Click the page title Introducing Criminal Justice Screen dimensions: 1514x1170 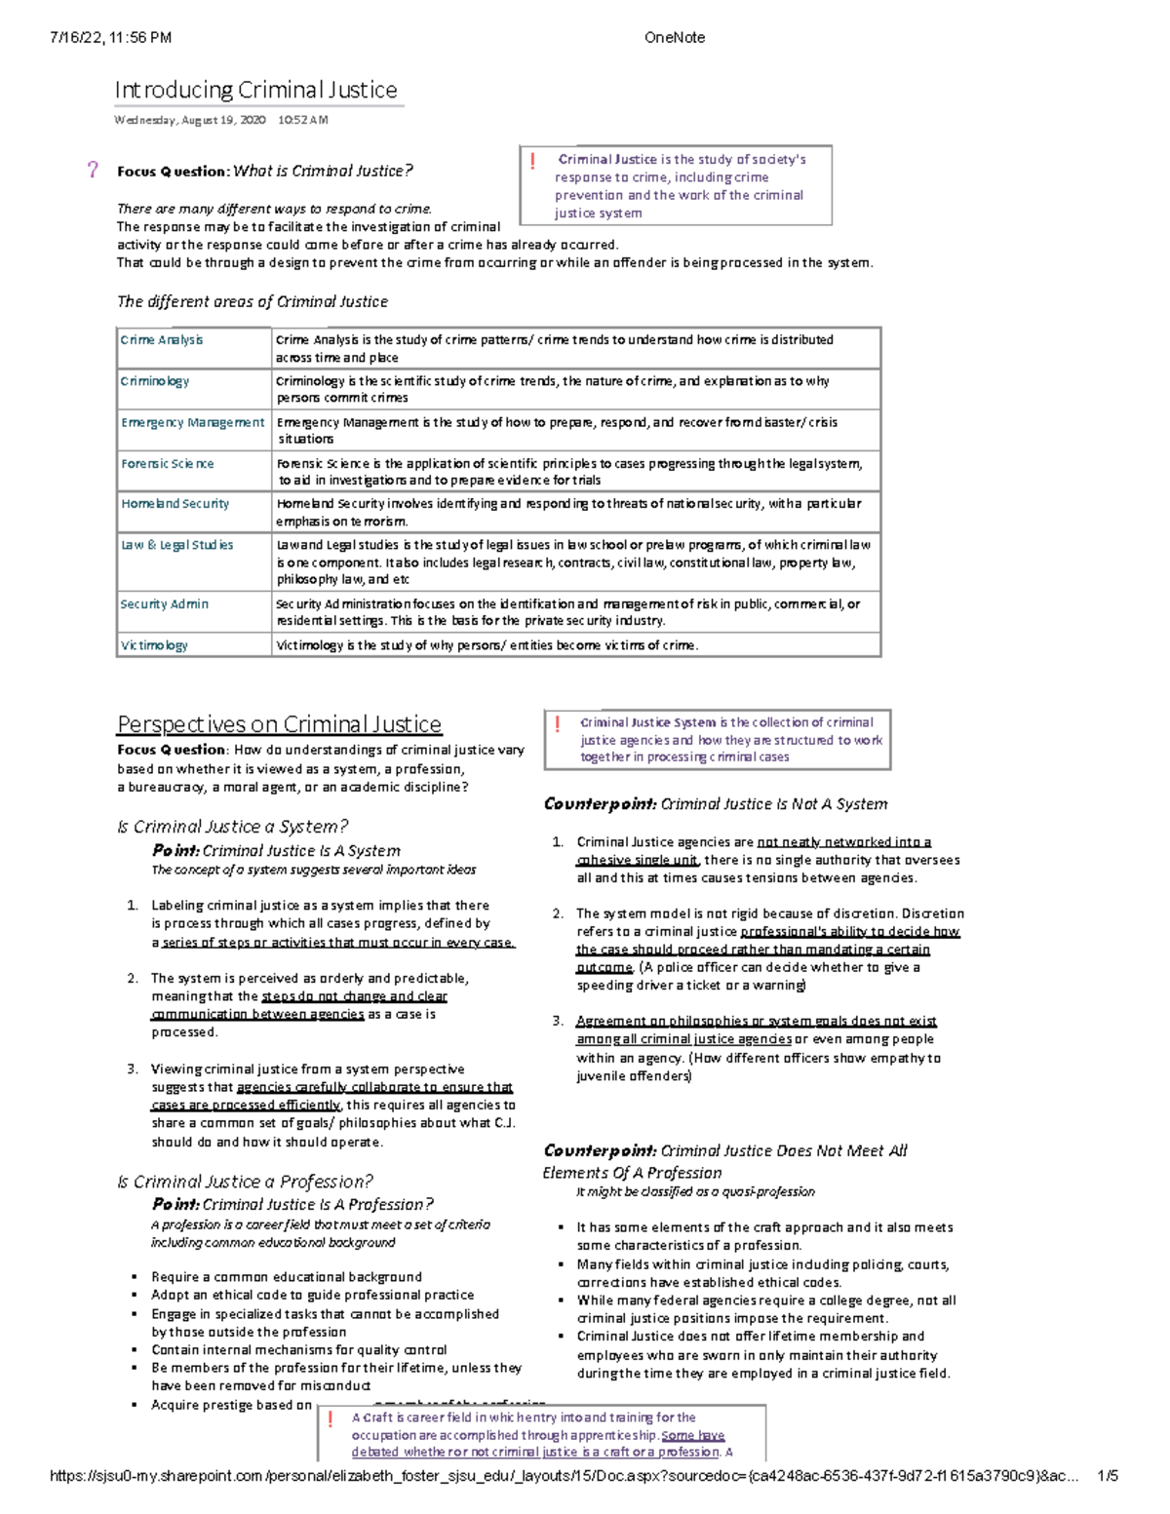(255, 91)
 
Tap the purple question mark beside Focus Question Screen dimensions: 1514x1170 (93, 171)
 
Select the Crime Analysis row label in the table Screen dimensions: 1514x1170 (162, 340)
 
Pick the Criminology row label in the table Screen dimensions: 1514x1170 (155, 381)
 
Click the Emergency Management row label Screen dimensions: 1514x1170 (192, 422)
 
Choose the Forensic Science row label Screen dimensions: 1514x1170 (167, 464)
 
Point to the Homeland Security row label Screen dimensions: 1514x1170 (175, 504)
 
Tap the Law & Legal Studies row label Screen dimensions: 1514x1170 (176, 545)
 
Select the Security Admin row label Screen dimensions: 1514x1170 (164, 604)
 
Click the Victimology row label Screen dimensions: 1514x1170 (154, 645)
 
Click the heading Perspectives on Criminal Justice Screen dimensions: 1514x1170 (279, 724)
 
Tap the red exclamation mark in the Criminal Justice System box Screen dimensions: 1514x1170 (557, 724)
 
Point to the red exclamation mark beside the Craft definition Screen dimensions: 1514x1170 (331, 1419)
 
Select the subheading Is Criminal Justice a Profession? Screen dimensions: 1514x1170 (244, 1182)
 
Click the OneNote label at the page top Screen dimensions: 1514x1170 (674, 38)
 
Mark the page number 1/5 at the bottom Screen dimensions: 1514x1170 (1107, 1476)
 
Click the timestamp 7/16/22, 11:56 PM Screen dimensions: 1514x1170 (110, 38)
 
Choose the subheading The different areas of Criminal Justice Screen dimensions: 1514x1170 (253, 302)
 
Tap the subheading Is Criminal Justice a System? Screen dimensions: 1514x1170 (232, 827)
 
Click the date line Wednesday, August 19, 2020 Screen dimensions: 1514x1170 (189, 121)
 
